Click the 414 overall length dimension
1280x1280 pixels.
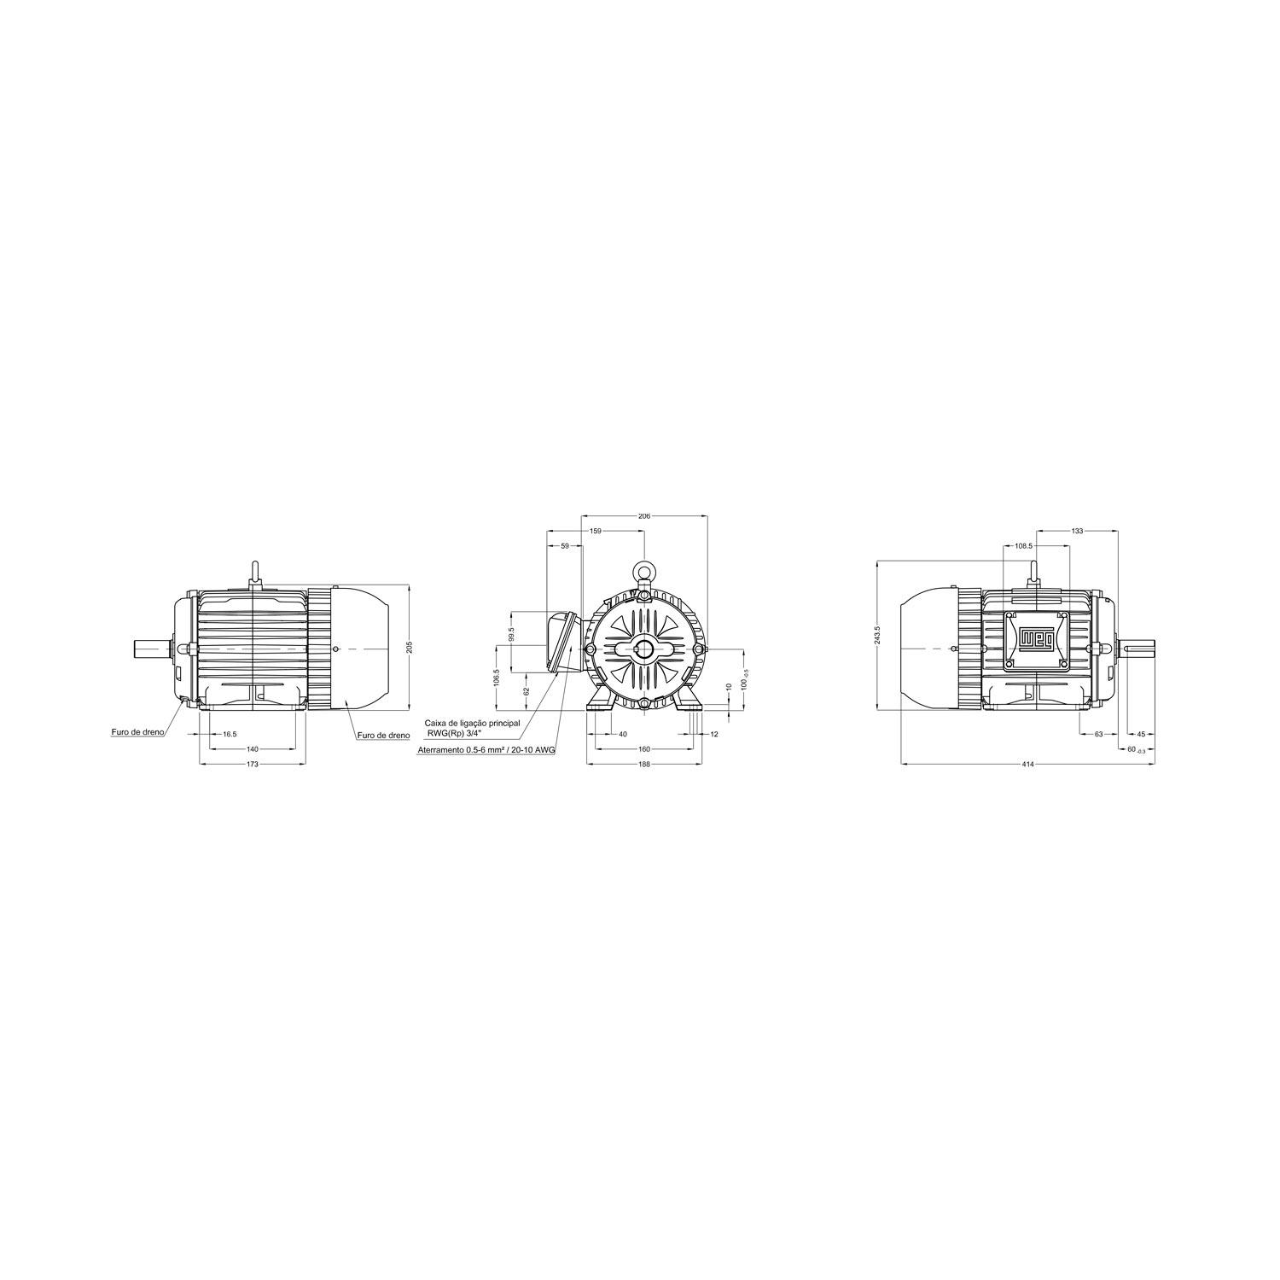(1027, 764)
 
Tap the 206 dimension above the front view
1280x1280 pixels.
(644, 516)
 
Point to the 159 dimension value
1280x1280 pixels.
(596, 531)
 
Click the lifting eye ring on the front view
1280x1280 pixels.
(644, 571)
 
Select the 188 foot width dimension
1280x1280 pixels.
(644, 764)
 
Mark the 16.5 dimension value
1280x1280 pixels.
(230, 734)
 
